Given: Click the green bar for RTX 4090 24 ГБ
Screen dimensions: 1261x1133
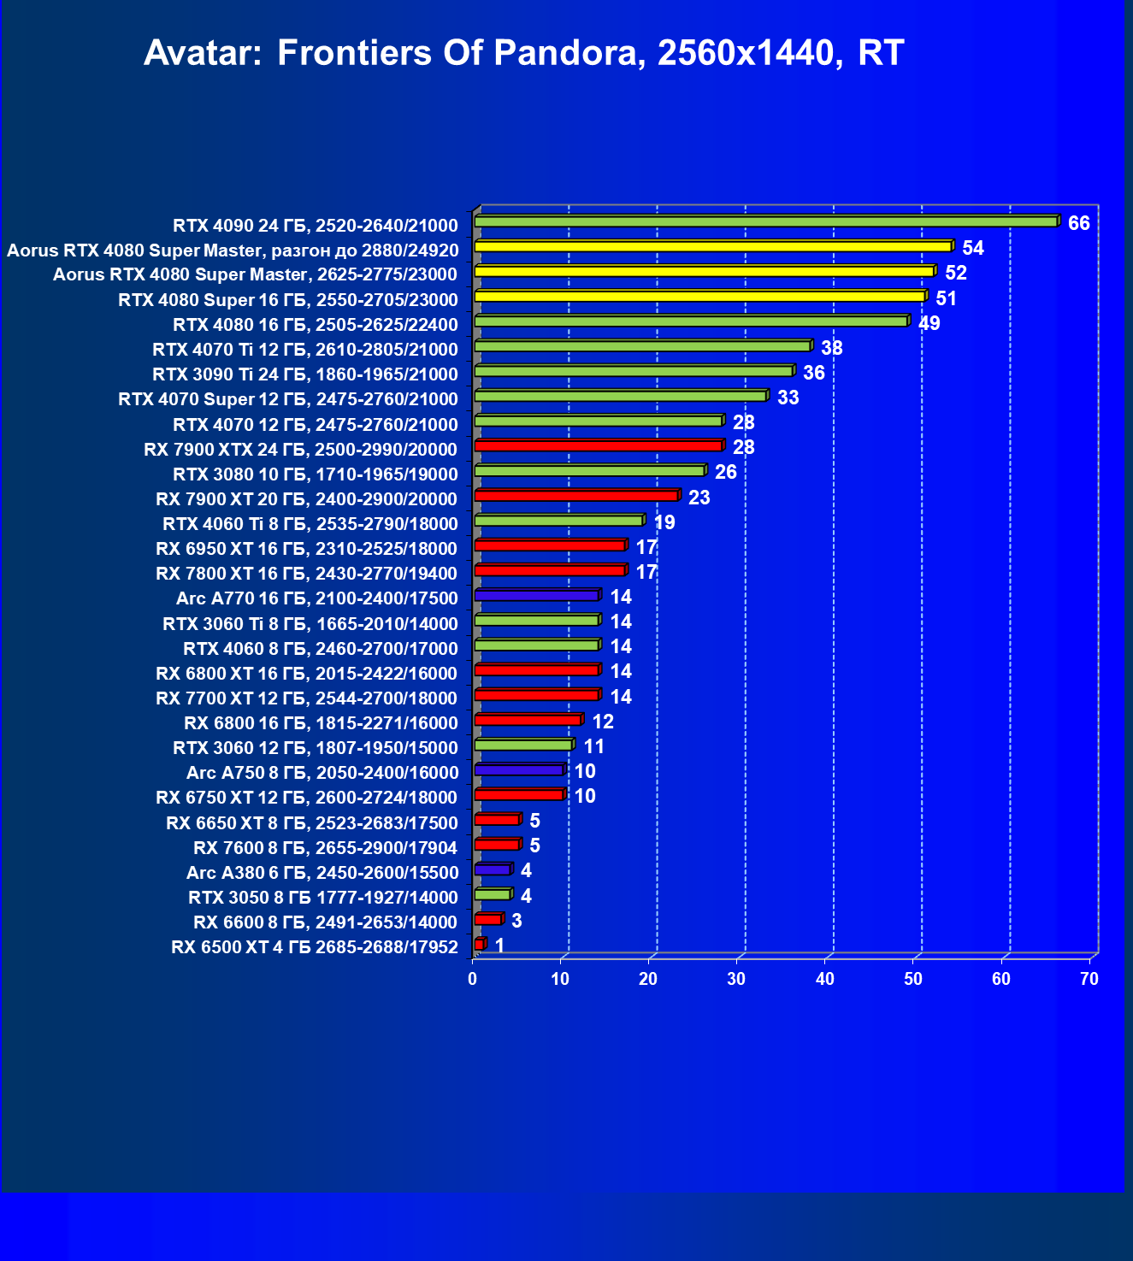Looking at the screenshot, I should tap(765, 222).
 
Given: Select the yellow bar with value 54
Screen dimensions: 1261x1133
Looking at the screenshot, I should tap(712, 247).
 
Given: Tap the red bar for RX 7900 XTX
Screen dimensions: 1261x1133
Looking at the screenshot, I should tap(598, 446).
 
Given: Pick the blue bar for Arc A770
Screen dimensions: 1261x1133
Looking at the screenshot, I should tap(536, 596).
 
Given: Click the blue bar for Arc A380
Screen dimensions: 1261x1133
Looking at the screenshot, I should tap(492, 869).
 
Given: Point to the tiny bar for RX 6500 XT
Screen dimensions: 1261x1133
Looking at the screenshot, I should tap(479, 945).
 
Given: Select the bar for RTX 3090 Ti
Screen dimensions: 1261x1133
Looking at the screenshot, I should tap(633, 372).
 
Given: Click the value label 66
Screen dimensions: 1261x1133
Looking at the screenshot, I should tap(1078, 224).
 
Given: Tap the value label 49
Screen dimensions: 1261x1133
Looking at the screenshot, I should tap(929, 324).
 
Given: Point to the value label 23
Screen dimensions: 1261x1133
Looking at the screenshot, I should tap(699, 498).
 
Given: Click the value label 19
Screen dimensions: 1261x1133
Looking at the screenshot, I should tap(664, 523).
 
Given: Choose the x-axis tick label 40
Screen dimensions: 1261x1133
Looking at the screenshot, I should tap(824, 980).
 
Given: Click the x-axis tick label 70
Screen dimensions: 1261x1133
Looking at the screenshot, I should tap(1089, 980).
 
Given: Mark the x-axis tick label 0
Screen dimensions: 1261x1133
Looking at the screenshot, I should tap(473, 980).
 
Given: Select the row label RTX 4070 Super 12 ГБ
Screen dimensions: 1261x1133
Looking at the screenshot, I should tap(288, 399).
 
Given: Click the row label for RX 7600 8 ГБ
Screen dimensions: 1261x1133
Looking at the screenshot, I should tap(325, 848).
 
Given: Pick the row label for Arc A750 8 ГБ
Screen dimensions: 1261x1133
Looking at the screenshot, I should tap(322, 773).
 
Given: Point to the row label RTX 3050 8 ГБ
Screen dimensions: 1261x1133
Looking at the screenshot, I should tap(322, 898).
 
